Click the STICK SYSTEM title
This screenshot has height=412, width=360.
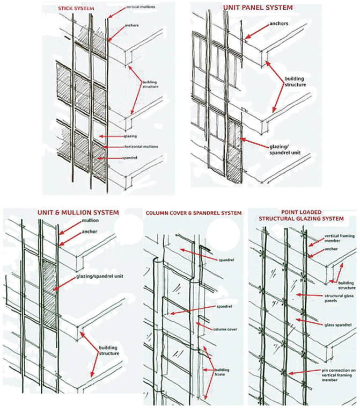coord(74,9)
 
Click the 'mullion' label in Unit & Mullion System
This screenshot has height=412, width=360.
coord(90,221)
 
